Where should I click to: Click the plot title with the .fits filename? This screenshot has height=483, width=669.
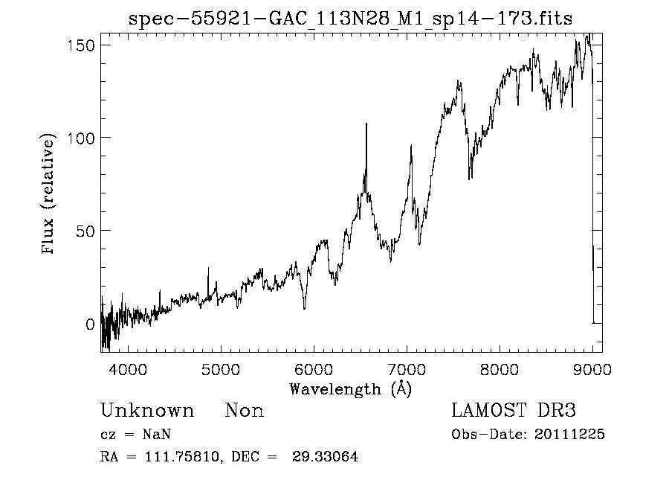[x=351, y=19]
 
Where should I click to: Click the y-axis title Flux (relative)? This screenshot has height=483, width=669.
[x=49, y=195]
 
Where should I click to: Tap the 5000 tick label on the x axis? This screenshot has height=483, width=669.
[x=220, y=368]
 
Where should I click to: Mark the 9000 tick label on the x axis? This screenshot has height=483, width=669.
[x=592, y=368]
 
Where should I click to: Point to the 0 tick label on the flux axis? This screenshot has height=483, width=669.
[x=89, y=324]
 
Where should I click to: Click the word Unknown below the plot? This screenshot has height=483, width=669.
[x=147, y=411]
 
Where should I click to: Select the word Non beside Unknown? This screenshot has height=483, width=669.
[x=245, y=411]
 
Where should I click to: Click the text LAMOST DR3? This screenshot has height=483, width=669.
[x=514, y=411]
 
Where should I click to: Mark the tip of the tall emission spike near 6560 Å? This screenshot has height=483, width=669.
[x=366, y=124]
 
